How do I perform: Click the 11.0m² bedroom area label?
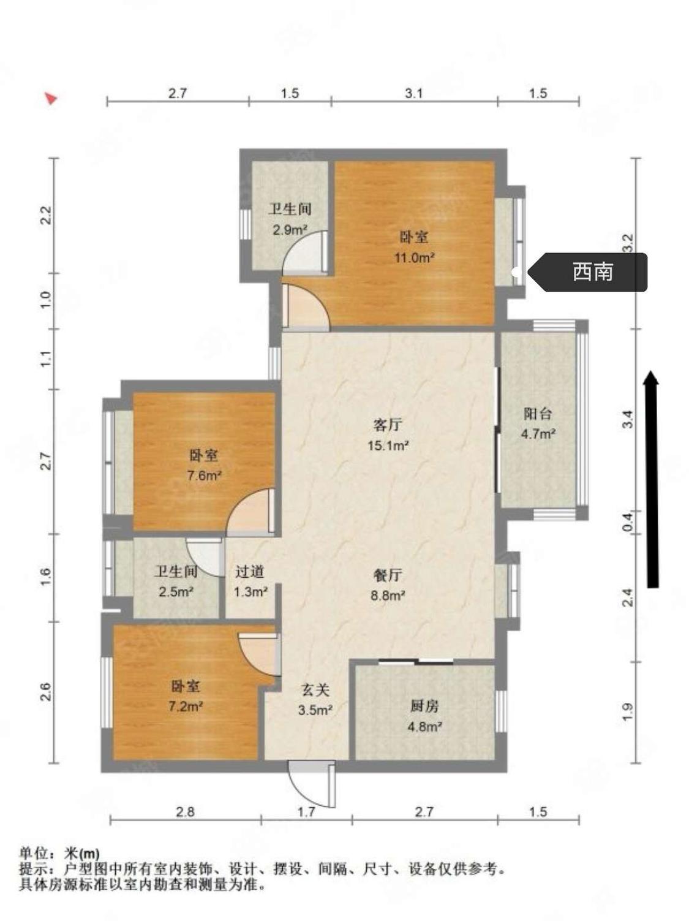coord(413,257)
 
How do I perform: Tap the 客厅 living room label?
coord(388,425)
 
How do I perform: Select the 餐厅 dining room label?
coord(388,575)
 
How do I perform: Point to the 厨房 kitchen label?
coord(424,707)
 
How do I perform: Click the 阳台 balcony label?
coord(538,414)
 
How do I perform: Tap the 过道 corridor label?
coord(249,572)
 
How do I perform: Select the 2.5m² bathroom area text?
coord(176,592)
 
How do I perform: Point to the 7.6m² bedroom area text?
coord(204,476)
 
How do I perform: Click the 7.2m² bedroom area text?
coord(186,707)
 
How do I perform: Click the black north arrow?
coord(652,479)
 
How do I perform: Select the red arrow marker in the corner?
coord(51,99)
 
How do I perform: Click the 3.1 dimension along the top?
coord(413,93)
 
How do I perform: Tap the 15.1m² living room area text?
coord(388,445)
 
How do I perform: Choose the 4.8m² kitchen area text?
coord(424,726)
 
